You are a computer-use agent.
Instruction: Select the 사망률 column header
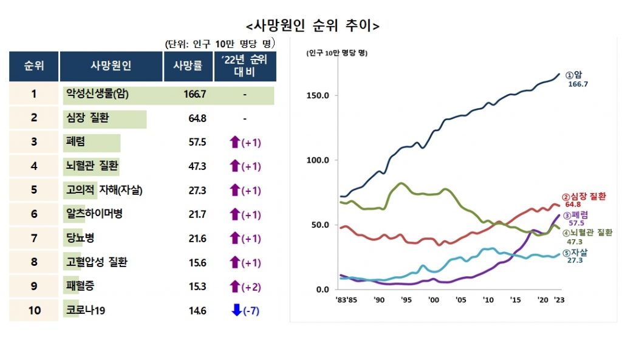tap(188, 66)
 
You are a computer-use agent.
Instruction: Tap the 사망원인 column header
tap(111, 66)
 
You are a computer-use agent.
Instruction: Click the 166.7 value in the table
tap(195, 94)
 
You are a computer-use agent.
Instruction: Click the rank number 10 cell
tap(34, 310)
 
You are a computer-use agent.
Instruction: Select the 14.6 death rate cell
tap(197, 310)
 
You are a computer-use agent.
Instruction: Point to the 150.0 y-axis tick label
tap(319, 96)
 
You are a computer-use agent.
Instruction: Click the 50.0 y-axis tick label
tap(321, 225)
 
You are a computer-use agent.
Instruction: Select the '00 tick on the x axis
tap(433, 300)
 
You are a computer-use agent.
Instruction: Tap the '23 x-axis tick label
tap(559, 300)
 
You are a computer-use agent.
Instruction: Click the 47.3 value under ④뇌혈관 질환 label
tap(575, 242)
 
